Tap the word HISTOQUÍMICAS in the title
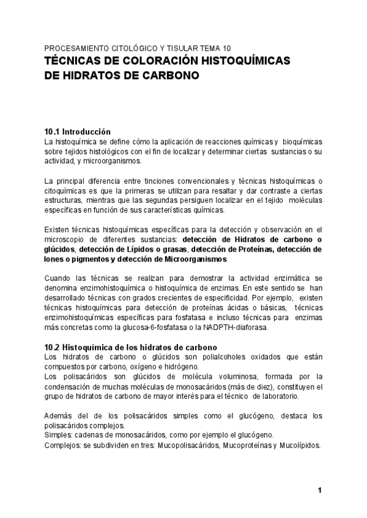[248, 62]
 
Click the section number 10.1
[52, 131]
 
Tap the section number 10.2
[52, 347]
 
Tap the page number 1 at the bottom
[319, 491]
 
